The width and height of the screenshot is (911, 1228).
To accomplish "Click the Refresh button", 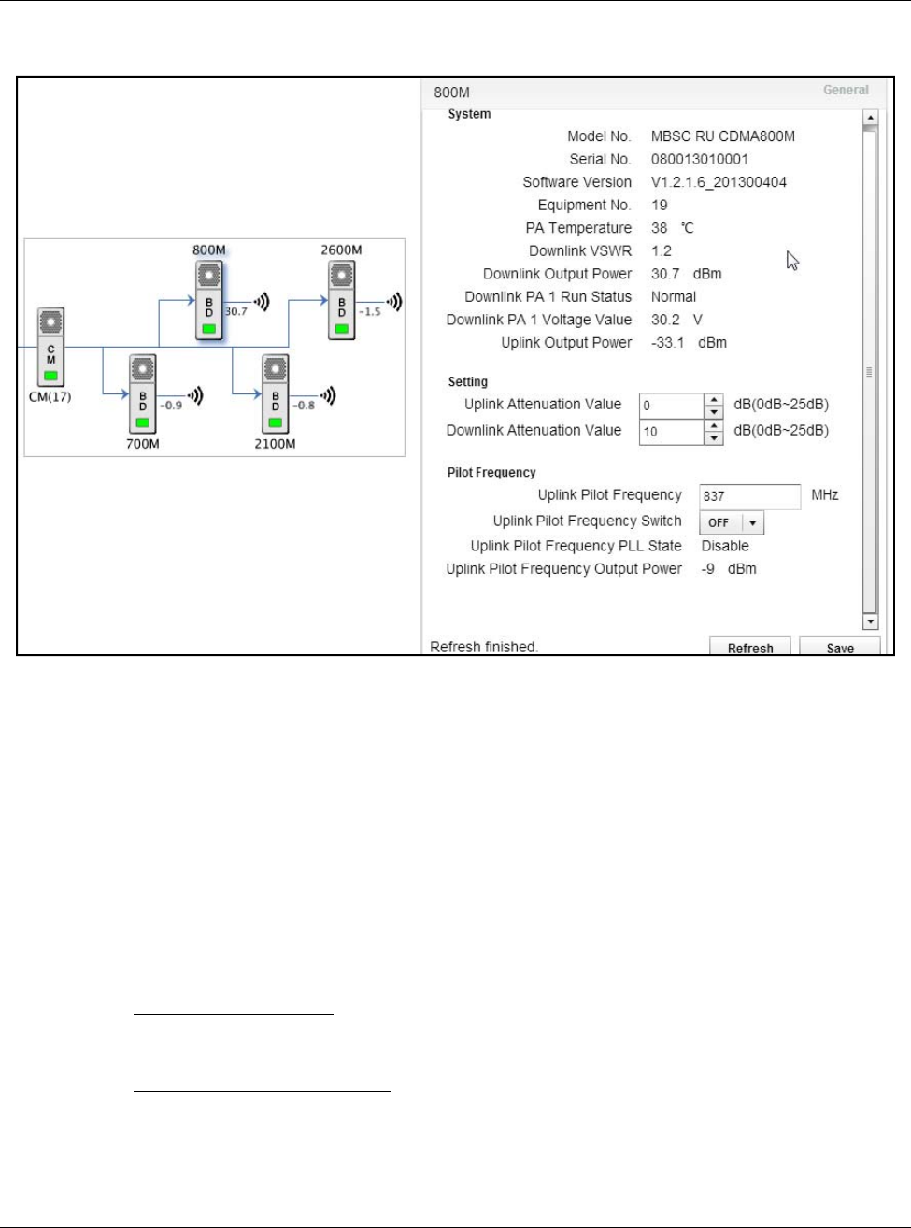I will [x=749, y=648].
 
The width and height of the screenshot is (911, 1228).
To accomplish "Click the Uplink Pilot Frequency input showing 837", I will [x=749, y=496].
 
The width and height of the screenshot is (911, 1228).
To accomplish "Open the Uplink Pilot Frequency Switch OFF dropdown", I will [x=732, y=522].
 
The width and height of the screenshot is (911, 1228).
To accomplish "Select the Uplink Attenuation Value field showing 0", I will [x=671, y=406].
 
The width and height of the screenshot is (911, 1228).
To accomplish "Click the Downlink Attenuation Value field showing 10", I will [x=671, y=432].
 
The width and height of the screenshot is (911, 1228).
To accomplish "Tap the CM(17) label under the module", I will [x=50, y=396].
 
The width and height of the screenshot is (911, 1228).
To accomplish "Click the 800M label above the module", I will [x=209, y=250].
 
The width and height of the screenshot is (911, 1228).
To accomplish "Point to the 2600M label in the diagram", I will [x=341, y=250].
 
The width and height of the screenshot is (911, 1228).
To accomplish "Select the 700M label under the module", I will [x=143, y=444].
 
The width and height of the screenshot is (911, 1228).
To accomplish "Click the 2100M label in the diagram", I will [x=275, y=444].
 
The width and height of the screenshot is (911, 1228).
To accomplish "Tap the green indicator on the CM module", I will [x=50, y=376].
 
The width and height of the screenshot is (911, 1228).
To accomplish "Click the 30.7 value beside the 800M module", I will [x=236, y=311].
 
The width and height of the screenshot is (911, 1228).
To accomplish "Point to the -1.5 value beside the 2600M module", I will [x=370, y=311].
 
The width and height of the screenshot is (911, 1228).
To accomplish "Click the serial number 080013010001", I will [x=699, y=159].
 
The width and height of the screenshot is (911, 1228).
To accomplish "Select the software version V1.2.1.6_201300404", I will [x=719, y=182].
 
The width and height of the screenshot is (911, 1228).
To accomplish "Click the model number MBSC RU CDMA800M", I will [x=722, y=136].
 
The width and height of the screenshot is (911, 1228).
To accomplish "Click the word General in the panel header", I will [x=846, y=90].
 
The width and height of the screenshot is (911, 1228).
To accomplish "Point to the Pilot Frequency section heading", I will [x=491, y=473].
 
